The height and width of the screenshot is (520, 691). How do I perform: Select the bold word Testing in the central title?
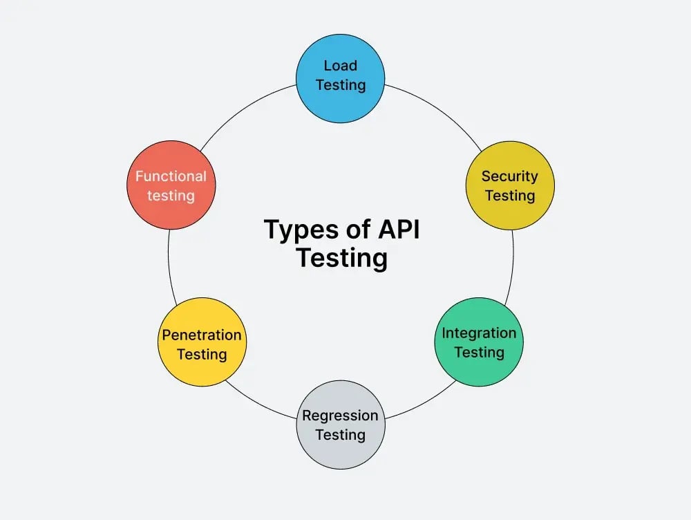(341, 259)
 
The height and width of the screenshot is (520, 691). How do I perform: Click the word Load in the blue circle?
(341, 66)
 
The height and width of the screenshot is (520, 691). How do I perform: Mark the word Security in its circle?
(509, 176)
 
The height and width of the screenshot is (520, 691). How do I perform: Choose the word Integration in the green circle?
(479, 333)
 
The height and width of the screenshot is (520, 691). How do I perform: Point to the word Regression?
(340, 416)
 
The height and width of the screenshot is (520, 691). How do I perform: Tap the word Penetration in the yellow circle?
(202, 335)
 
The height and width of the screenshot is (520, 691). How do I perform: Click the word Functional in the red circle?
(171, 176)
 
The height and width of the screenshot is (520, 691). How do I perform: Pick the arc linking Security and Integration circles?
(512, 266)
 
